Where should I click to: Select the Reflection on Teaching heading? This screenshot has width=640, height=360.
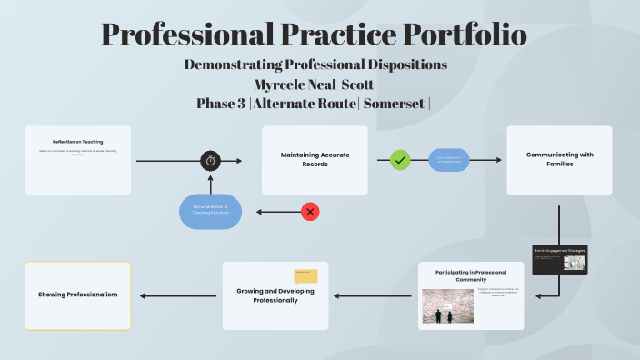(x=78, y=142)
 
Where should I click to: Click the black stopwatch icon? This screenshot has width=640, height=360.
(x=210, y=161)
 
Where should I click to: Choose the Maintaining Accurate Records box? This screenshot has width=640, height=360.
(x=315, y=160)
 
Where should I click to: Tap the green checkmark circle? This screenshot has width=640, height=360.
(x=400, y=160)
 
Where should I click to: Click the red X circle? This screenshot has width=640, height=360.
(x=311, y=212)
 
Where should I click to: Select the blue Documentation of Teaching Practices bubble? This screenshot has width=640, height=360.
(x=210, y=212)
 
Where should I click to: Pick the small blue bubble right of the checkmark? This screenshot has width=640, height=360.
(x=449, y=160)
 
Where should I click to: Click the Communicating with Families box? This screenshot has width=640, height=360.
(x=559, y=160)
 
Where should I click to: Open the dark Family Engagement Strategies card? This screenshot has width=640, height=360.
(x=559, y=259)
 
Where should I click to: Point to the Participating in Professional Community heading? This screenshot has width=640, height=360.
(x=471, y=275)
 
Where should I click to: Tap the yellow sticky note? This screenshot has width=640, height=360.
(x=305, y=276)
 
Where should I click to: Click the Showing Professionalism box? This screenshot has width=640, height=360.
(x=78, y=295)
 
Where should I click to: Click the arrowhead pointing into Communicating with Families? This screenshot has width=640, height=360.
(x=499, y=160)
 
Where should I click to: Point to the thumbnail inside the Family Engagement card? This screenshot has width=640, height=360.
(x=574, y=263)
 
